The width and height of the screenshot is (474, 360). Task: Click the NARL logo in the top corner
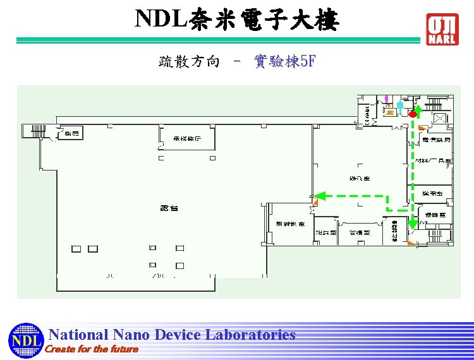[x=442, y=29]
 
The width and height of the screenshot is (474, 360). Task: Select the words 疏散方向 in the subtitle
[x=189, y=61]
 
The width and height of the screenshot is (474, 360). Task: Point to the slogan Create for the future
[x=92, y=349]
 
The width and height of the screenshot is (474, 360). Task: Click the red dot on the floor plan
[x=412, y=114]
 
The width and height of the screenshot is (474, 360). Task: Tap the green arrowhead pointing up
[x=418, y=109]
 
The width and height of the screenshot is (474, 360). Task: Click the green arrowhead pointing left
[x=319, y=196]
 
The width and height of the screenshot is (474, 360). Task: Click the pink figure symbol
[x=387, y=99]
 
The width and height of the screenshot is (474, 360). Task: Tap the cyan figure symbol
[x=399, y=105]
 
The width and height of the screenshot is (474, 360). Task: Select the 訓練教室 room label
[x=290, y=224]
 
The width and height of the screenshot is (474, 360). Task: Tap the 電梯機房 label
[x=188, y=138]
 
